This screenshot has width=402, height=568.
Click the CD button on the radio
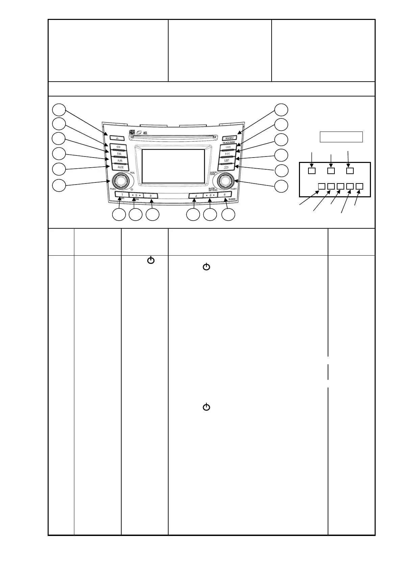[x=118, y=147]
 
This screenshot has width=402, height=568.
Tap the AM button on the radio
[x=120, y=161]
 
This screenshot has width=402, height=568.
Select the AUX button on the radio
[x=120, y=167]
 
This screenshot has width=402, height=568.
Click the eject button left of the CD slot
[x=117, y=138]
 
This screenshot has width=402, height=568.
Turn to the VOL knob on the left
[x=119, y=181]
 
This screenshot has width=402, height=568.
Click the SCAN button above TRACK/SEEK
[x=229, y=138]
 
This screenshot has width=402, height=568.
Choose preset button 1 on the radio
[x=122, y=195]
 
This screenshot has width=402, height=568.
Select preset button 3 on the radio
[x=151, y=195]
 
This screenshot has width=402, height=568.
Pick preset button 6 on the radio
[x=225, y=195]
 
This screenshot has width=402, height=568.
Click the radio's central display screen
[x=173, y=166]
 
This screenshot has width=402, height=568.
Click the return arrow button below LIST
[x=226, y=167]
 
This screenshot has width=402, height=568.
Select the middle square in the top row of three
[x=331, y=171]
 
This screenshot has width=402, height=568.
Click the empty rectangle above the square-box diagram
[x=341, y=137]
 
